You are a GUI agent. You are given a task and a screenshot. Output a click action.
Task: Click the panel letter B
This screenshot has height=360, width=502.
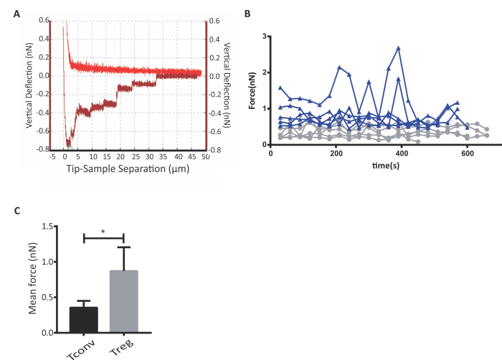point(247,14)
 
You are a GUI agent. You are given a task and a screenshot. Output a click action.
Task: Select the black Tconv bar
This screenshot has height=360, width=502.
point(83,320)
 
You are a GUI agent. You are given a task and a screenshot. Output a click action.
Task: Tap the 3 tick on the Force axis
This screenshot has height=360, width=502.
point(265,36)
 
